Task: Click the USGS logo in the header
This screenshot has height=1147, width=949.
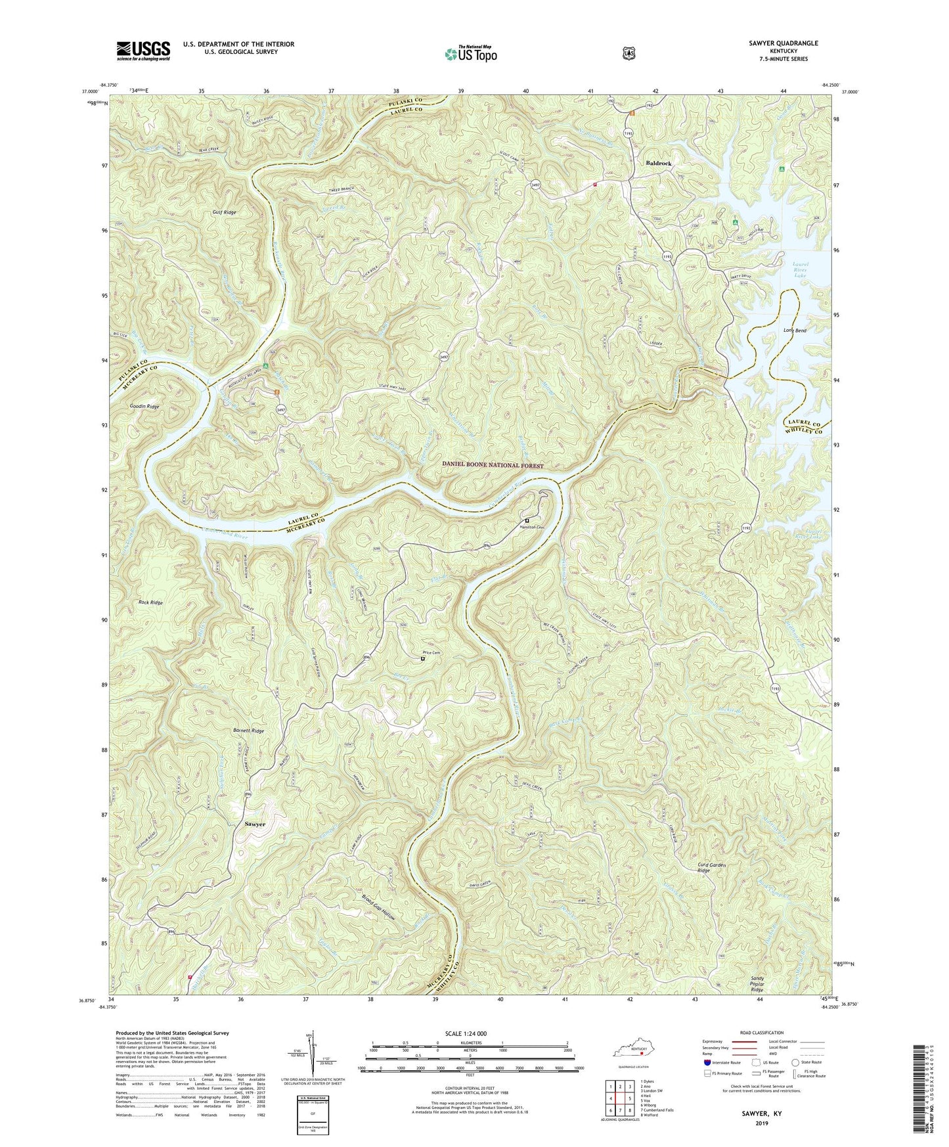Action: pyautogui.click(x=143, y=51)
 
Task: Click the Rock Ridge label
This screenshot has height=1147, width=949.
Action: pyautogui.click(x=150, y=602)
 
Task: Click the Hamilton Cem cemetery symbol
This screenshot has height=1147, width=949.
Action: pyautogui.click(x=527, y=520)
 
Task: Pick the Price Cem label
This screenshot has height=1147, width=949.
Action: pyautogui.click(x=430, y=652)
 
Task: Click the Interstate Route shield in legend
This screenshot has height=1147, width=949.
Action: pyautogui.click(x=707, y=1062)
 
